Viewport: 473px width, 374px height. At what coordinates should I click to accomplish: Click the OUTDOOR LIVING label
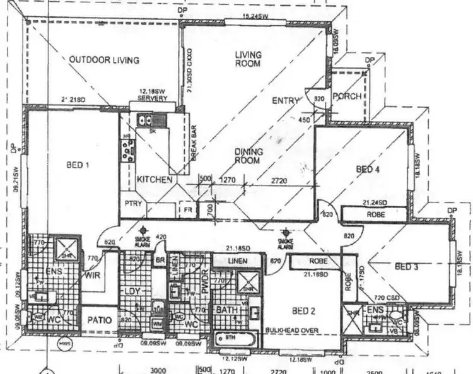tap(104, 61)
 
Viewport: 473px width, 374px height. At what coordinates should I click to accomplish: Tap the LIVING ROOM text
tap(248, 59)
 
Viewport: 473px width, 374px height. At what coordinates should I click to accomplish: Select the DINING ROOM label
tap(248, 156)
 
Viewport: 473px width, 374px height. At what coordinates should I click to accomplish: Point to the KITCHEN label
tap(155, 180)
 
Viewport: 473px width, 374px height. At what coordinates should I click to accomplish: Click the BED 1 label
tap(78, 165)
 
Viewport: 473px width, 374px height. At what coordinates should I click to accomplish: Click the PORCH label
tap(347, 96)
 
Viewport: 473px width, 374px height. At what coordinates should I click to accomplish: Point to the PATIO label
tap(100, 320)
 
